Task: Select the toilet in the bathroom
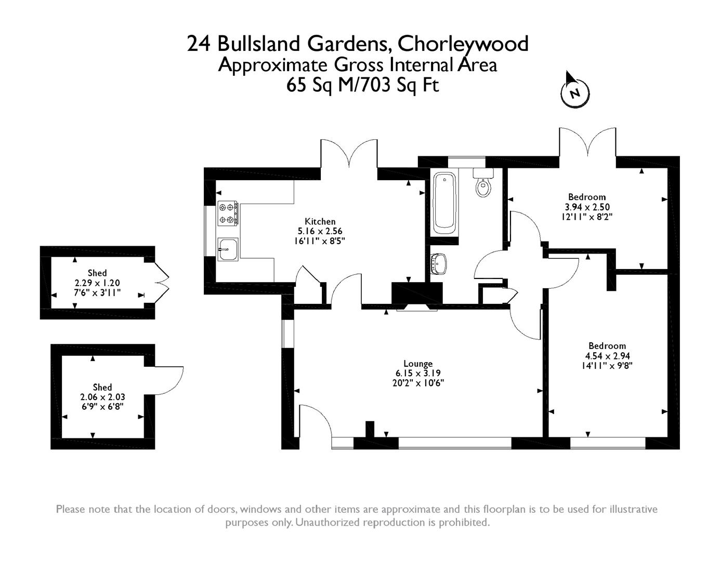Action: click(x=483, y=185)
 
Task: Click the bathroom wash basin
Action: click(x=439, y=263)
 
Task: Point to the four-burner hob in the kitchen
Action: click(x=228, y=213)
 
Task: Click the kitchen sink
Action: click(x=228, y=249)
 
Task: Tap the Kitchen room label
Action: click(x=320, y=222)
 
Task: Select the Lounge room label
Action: click(x=418, y=364)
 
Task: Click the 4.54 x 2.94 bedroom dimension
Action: click(x=607, y=356)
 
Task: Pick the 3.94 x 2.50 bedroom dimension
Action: click(x=587, y=207)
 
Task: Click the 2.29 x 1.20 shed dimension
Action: click(x=97, y=283)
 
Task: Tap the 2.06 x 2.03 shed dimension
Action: click(x=102, y=397)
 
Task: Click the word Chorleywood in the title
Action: click(x=463, y=44)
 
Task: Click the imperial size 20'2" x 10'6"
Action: click(x=418, y=383)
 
